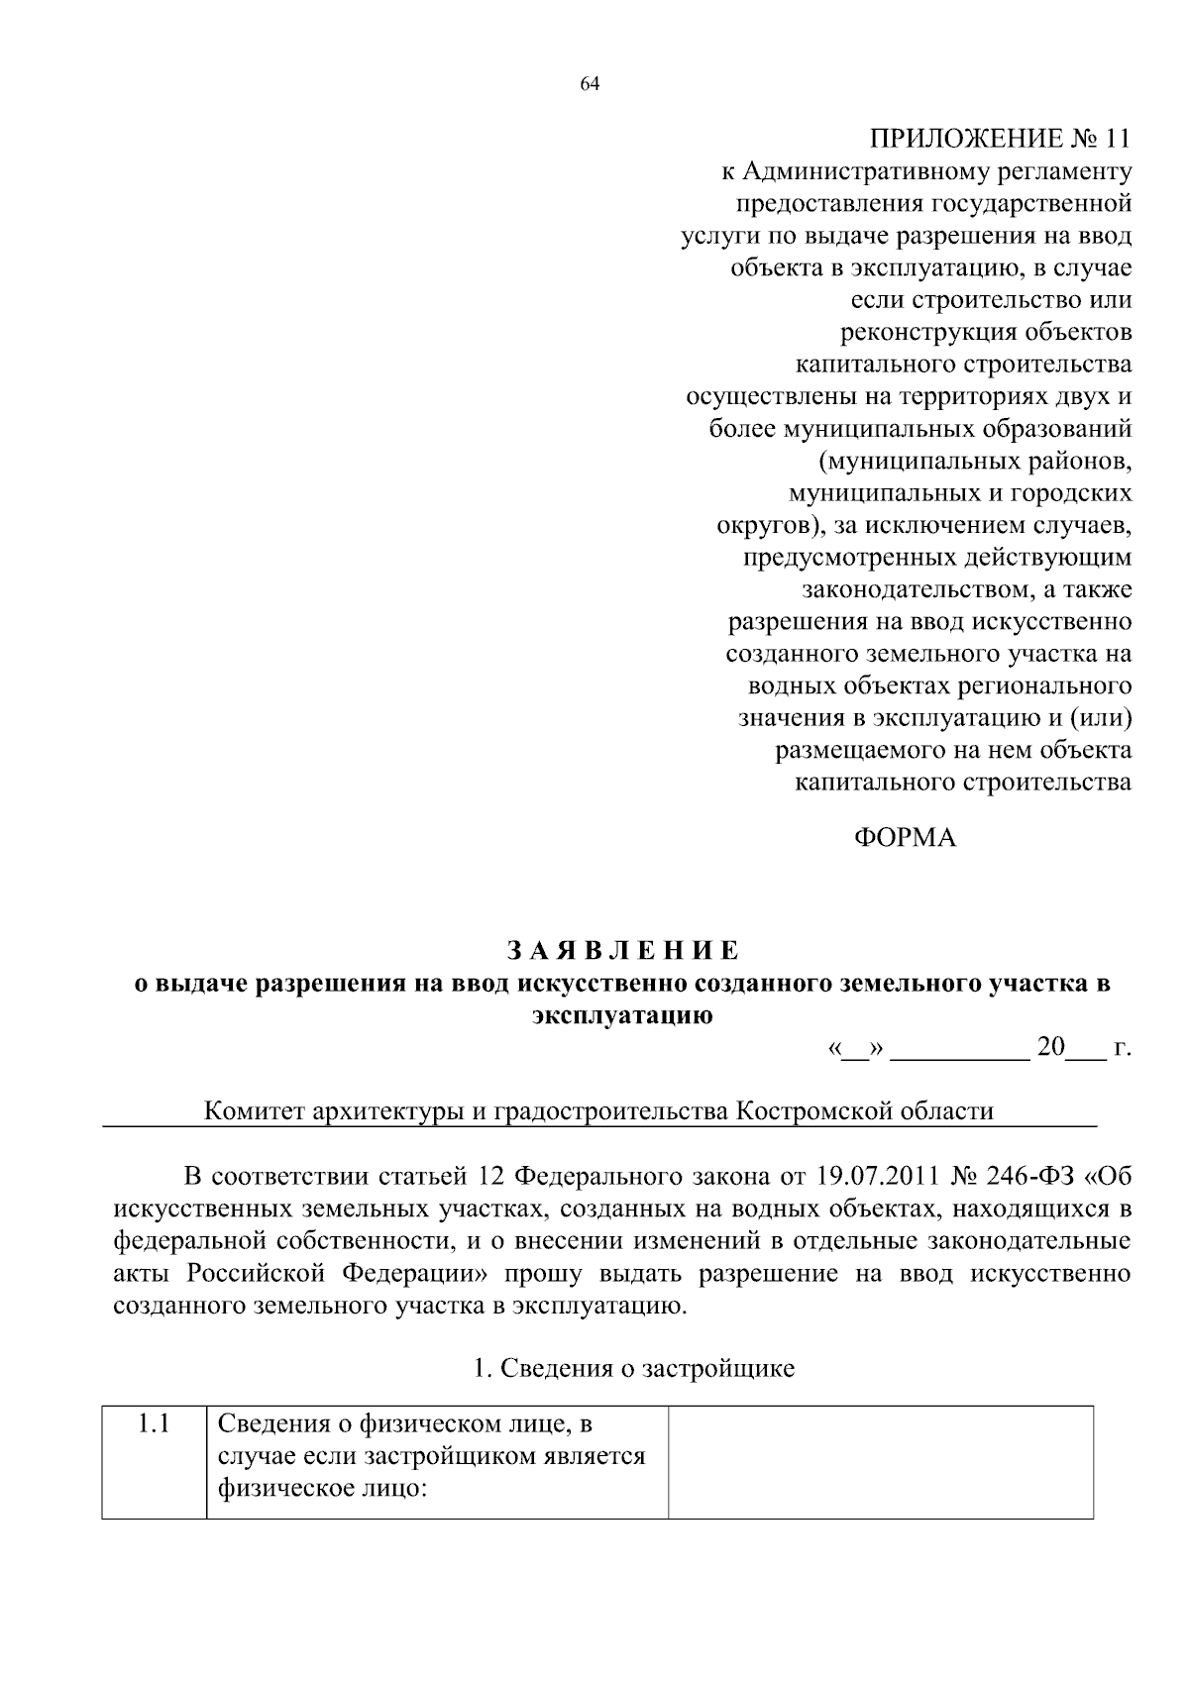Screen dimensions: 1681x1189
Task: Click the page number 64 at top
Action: click(x=590, y=85)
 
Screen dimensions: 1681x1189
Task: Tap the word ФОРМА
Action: click(x=905, y=838)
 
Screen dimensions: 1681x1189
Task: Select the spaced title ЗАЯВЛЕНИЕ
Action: click(x=623, y=951)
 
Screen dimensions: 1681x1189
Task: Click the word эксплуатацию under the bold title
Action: click(x=622, y=1015)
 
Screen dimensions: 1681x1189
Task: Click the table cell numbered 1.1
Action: click(x=154, y=1425)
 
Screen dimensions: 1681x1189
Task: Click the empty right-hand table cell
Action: click(x=880, y=1461)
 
